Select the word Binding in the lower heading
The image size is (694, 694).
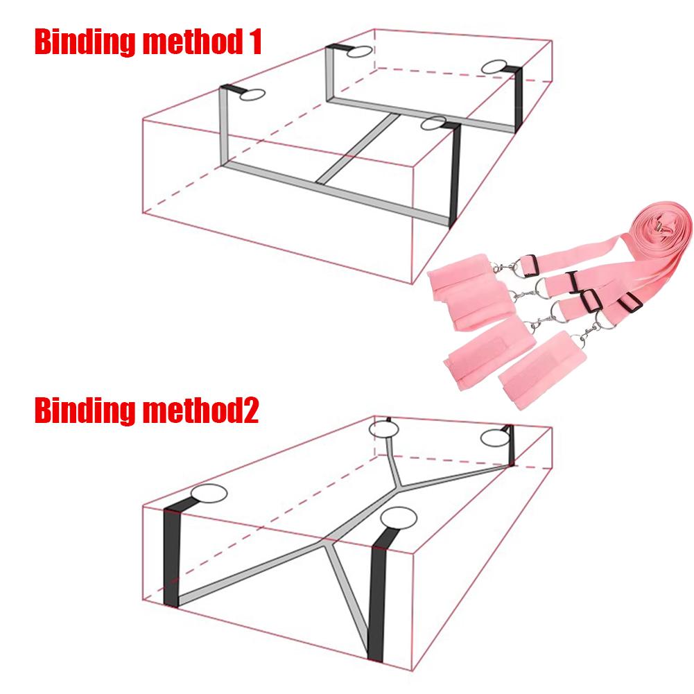[x=85, y=410]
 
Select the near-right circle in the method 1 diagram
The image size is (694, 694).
[x=433, y=123]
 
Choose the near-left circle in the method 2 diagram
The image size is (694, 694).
[x=209, y=494]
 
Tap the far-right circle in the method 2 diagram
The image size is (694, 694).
[x=495, y=438]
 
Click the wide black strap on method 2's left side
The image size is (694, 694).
[x=171, y=558]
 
